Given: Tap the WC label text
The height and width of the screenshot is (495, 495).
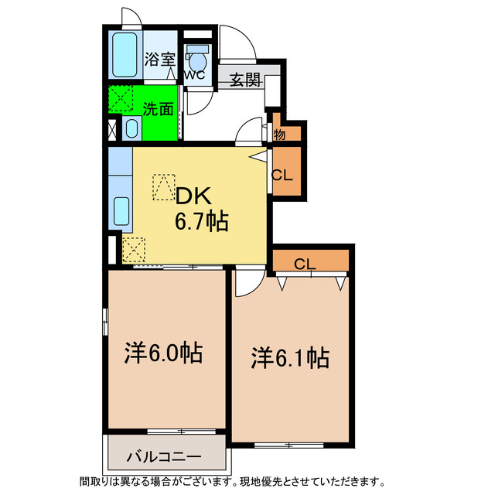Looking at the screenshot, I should [x=193, y=75].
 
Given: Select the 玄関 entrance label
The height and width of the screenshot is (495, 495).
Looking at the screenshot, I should [x=244, y=79].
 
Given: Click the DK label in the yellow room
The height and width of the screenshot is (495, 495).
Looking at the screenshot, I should [x=193, y=196].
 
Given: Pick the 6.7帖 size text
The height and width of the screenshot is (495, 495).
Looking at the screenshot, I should [x=200, y=223].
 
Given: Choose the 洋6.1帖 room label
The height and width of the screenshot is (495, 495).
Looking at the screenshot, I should [x=290, y=357].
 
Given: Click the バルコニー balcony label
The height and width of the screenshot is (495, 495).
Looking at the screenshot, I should [x=164, y=456].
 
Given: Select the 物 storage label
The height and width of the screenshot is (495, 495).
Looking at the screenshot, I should [x=279, y=133].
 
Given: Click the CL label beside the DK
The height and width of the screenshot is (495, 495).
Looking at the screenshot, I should [x=282, y=175].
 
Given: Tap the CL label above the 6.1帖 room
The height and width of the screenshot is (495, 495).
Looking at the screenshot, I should [x=305, y=264].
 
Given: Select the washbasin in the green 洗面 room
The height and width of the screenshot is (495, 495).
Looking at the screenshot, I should [x=131, y=128].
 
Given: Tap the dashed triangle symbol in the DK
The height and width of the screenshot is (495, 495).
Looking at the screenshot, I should [x=163, y=186].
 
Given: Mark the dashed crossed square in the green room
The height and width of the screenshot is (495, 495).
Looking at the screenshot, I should [x=120, y=99].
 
